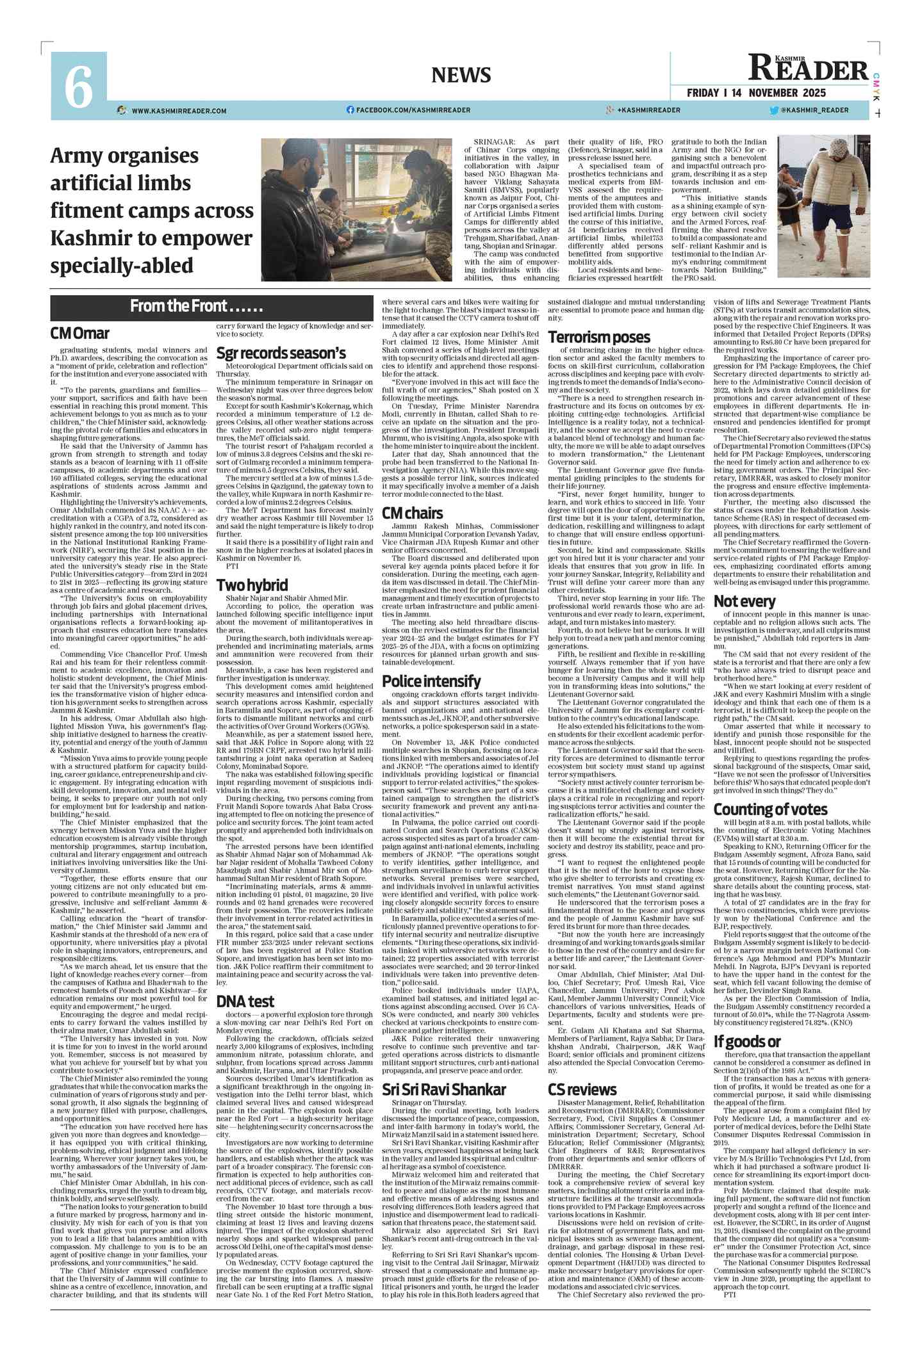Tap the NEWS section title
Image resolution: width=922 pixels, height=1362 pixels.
pos(461,75)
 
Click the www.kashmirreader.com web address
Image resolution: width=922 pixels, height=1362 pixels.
pos(179,111)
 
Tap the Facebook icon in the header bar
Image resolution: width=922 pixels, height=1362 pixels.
pos(350,110)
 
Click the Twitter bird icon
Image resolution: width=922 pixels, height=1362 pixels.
pos(774,110)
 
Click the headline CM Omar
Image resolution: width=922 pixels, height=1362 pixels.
pos(80,334)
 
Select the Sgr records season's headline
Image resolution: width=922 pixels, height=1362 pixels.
pos(281,353)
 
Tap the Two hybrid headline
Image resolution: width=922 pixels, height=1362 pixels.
pos(252,585)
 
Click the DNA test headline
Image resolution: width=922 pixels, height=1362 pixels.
pos(245,1001)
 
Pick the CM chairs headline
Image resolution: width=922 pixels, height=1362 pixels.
pos(412,513)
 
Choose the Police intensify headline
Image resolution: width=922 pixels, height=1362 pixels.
pos(431,681)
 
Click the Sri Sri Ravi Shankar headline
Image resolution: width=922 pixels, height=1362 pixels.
pos(444,1089)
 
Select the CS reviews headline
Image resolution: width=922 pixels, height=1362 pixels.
pos(582,1089)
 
